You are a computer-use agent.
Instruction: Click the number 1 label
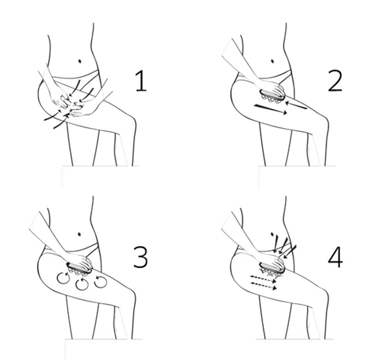coord(141,81)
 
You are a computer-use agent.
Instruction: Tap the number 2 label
coord(335,81)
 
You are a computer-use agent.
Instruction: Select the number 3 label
coord(141,257)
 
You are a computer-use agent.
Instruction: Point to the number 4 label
coord(335,257)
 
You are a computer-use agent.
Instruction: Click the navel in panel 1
coord(80,61)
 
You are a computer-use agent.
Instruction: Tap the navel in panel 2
coord(272,61)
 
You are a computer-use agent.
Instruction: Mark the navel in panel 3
coord(79,234)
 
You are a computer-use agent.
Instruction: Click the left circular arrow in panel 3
coord(63,278)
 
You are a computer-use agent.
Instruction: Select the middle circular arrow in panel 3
coord(82,284)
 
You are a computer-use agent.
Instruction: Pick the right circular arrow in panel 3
coord(101,282)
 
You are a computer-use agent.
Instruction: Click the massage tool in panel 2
coord(272,96)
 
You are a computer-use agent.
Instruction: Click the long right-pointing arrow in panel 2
coord(271,109)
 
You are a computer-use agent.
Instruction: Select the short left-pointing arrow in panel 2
coord(296,105)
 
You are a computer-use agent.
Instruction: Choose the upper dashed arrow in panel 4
coord(263,279)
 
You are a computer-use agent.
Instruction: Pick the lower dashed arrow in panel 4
coord(263,285)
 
